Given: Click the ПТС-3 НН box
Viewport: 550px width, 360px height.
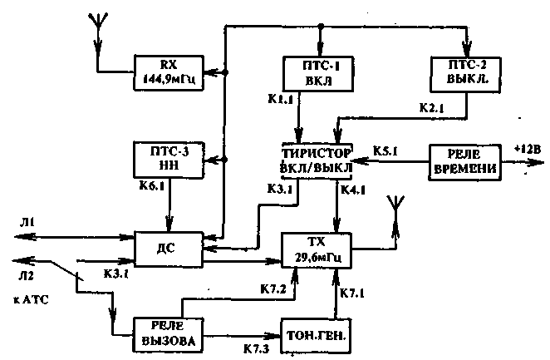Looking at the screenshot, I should click(x=168, y=159).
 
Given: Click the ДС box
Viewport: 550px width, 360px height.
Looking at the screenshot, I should click(x=168, y=248).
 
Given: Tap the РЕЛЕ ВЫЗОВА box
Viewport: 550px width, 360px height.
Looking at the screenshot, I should click(x=167, y=331).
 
